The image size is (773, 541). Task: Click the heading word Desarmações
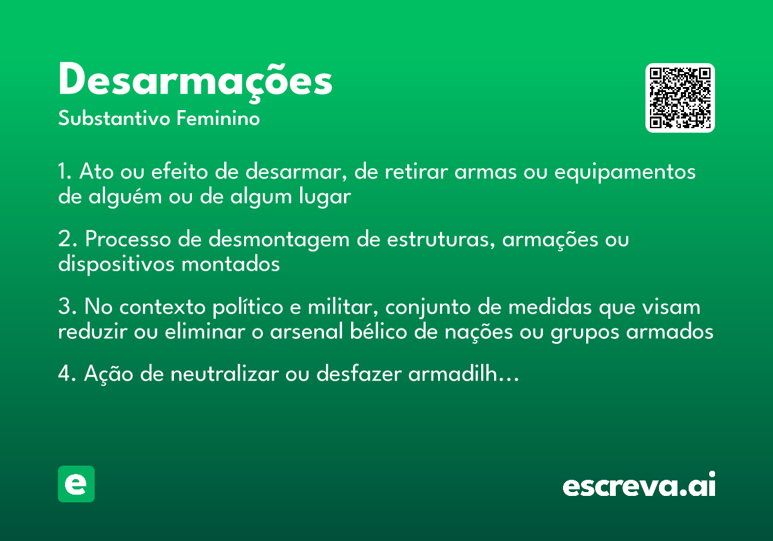[x=195, y=82]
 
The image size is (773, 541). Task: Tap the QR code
[x=680, y=98]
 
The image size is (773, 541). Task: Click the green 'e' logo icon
[x=76, y=484]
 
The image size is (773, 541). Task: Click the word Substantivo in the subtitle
[x=115, y=119]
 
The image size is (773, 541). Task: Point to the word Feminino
[x=218, y=119]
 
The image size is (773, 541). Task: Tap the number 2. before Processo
[x=67, y=240]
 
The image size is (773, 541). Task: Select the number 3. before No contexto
[x=67, y=307]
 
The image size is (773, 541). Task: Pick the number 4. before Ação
[x=67, y=374]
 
